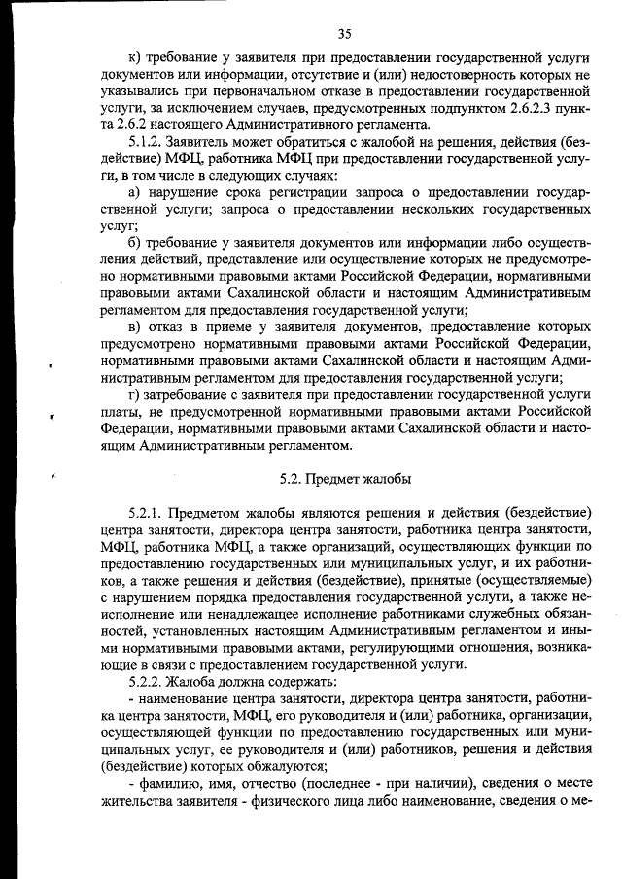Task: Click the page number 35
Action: click(x=344, y=34)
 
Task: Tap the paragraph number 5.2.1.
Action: click(x=146, y=512)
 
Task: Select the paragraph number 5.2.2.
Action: click(x=146, y=682)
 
